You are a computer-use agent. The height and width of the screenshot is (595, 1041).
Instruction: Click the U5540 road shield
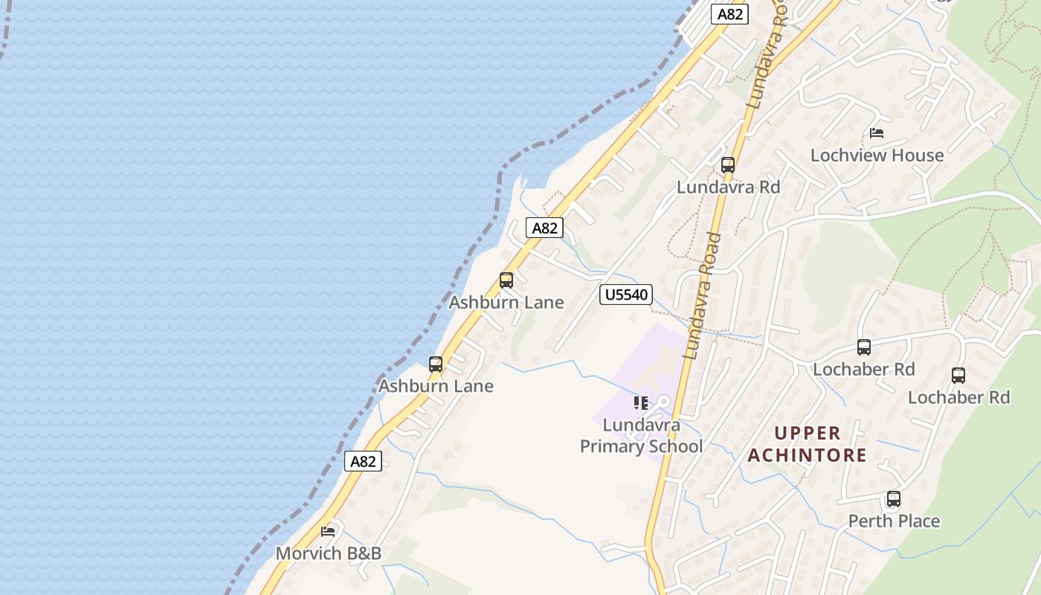[626, 295]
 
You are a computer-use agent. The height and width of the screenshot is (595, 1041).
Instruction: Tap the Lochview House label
[877, 155]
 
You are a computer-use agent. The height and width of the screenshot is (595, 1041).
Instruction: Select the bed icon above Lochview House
[877, 133]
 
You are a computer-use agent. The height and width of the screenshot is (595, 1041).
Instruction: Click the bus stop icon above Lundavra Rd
[728, 165]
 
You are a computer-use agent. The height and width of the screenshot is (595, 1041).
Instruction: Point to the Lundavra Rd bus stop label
[728, 187]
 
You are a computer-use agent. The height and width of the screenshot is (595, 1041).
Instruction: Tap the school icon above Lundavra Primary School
[640, 403]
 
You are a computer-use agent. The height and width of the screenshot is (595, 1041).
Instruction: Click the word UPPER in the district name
[808, 433]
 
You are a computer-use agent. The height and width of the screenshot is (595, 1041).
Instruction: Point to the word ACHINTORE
[808, 455]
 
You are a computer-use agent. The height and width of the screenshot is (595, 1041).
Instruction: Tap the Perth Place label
[894, 521]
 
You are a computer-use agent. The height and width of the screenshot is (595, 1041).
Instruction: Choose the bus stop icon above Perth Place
[894, 499]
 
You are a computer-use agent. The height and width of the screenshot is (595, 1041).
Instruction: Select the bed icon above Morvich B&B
[328, 531]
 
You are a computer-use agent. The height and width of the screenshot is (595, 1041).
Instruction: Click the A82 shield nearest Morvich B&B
[364, 461]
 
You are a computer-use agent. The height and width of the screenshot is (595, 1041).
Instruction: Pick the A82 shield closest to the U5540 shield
[544, 228]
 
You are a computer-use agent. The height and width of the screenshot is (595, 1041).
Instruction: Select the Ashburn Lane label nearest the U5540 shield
[506, 303]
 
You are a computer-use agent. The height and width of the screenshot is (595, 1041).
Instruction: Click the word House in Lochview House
[919, 155]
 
